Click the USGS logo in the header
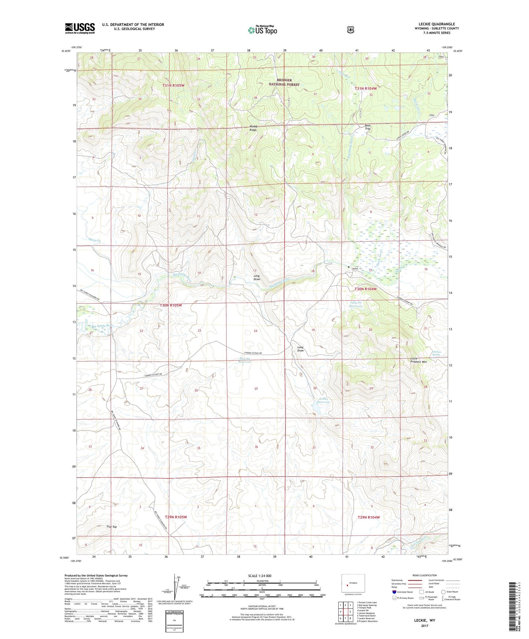click(80, 28)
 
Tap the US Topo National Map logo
click(262, 30)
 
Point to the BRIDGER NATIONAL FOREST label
click(284, 82)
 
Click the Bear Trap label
click(368, 127)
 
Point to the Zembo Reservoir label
click(324, 400)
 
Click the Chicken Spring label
click(436, 353)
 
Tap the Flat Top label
click(112, 527)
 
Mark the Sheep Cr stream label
click(94, 240)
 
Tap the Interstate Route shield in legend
click(394, 591)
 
